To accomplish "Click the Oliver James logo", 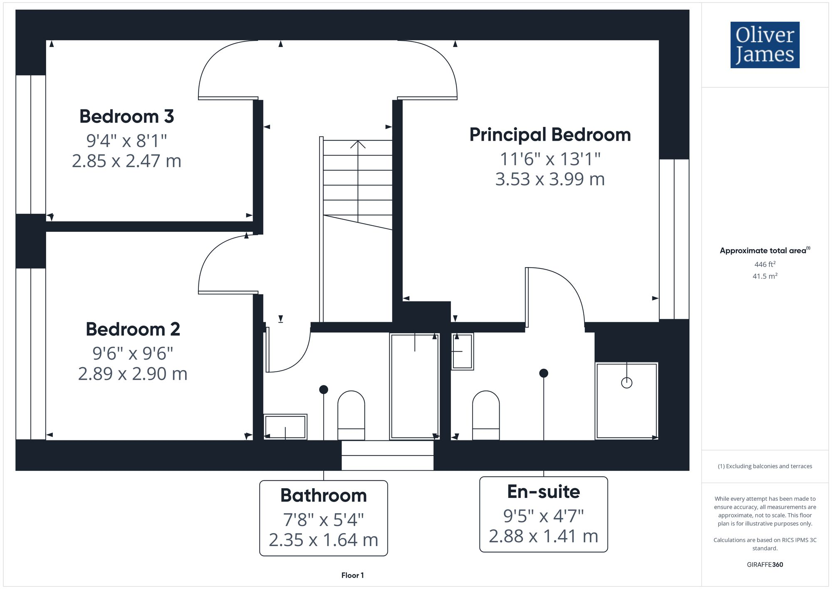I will (765, 45).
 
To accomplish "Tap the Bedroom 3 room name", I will (126, 116).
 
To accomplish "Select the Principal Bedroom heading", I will (550, 135).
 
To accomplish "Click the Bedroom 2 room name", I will (133, 329).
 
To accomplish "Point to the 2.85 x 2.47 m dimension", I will (126, 161).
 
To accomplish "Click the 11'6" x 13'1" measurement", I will (550, 159).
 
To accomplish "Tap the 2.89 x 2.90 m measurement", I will (133, 374).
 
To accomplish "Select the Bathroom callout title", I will (323, 495).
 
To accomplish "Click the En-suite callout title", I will (543, 492).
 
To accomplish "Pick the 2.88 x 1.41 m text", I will (543, 536).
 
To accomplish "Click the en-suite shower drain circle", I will (626, 383).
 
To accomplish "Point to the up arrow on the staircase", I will (358, 145).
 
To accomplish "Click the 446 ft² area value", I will (765, 264).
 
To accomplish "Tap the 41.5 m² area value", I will (765, 276).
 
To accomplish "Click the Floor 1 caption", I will (352, 575).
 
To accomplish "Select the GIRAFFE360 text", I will (765, 564).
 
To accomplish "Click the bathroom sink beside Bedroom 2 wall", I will (285, 427).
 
